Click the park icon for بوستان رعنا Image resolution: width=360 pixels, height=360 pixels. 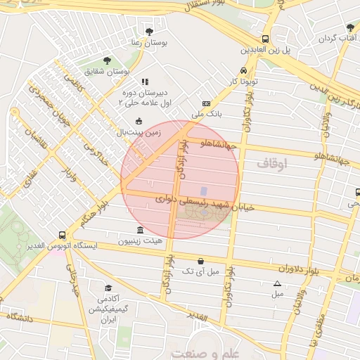148,32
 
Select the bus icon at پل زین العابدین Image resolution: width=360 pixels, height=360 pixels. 266,39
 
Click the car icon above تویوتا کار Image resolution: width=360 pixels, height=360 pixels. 243,70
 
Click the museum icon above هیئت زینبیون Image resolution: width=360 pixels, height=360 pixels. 141,230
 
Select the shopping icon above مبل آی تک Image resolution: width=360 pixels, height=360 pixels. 201,260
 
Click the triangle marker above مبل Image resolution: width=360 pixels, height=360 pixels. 276,283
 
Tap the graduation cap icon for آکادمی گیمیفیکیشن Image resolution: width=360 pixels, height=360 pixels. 108,288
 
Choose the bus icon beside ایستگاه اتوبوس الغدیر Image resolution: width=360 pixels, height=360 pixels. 63,236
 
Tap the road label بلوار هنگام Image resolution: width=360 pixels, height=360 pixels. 97,213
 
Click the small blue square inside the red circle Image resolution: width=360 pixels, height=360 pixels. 204,191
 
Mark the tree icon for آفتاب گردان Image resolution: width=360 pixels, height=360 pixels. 350,27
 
